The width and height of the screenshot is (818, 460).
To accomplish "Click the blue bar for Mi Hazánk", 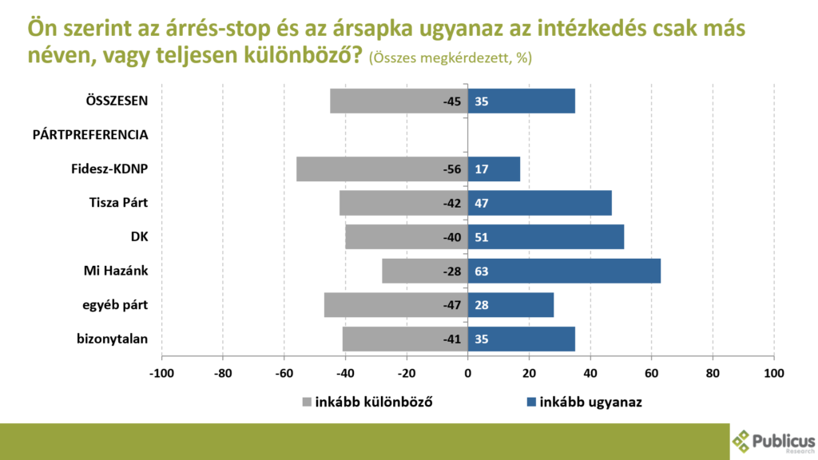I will [x=564, y=271].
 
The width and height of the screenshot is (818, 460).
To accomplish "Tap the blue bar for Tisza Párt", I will [x=540, y=203].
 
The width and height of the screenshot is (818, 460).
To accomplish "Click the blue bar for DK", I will [x=546, y=237].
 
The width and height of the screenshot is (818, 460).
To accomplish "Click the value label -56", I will [x=453, y=169].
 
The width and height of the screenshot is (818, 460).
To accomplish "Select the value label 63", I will [x=481, y=271].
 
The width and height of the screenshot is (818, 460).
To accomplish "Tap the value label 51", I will [x=481, y=237].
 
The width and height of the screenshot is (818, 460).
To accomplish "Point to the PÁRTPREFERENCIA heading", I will [x=90, y=134].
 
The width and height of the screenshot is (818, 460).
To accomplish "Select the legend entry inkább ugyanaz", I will [x=590, y=402].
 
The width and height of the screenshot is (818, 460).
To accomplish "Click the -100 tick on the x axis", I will [x=161, y=373].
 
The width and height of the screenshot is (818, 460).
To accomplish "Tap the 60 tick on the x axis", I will [x=651, y=373].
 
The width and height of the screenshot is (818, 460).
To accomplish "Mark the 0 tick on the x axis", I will [x=468, y=373].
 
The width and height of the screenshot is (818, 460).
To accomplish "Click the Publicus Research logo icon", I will [x=742, y=441].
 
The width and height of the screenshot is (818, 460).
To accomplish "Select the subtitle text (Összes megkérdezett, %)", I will [x=451, y=58].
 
